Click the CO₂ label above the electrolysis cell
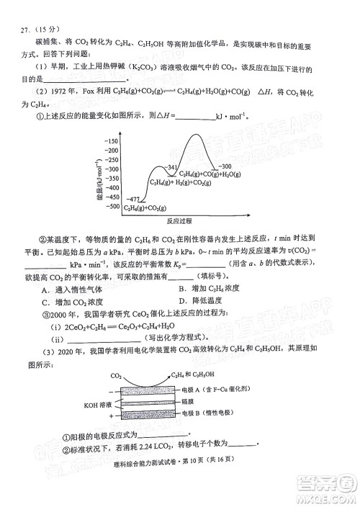(x=116, y=375)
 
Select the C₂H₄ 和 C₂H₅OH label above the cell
(x=196, y=375)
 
